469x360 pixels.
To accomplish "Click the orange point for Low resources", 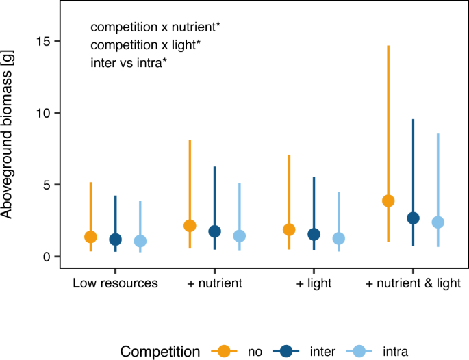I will [x=90, y=237].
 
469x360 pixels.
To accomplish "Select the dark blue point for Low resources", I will [x=115, y=240].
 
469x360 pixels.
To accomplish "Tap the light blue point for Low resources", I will [x=140, y=241].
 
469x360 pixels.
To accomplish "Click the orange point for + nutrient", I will [x=190, y=226].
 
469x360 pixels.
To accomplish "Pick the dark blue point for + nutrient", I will [x=214, y=231].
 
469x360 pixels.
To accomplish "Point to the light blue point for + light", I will [x=338, y=238].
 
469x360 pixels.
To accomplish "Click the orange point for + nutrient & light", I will [x=388, y=201].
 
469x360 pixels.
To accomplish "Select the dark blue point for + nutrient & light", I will [x=413, y=218].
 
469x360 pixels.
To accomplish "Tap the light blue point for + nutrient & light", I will [x=438, y=222].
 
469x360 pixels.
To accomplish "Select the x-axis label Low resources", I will [x=115, y=283].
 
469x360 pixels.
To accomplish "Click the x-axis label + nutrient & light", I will [x=413, y=283].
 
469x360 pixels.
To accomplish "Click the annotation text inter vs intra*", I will [x=129, y=64].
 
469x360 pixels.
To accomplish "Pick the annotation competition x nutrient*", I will [x=155, y=27].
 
